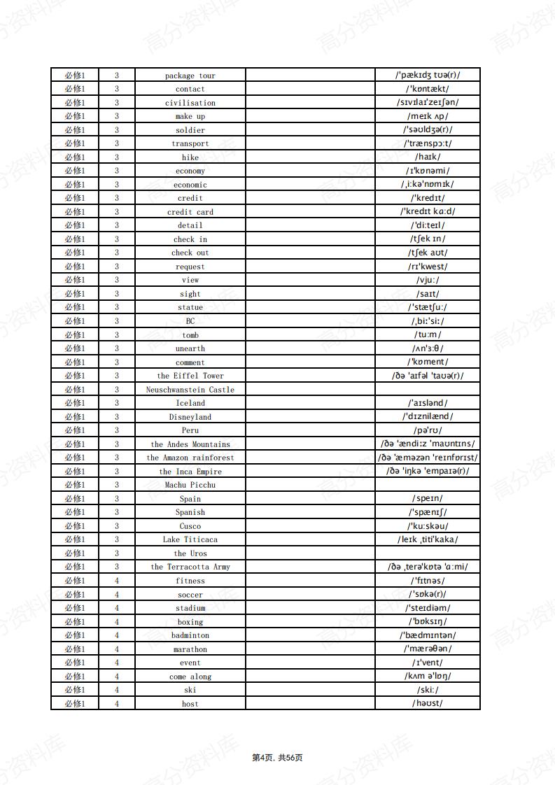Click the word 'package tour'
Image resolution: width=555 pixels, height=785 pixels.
pos(190,76)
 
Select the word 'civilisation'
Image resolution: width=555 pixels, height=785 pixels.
pos(190,103)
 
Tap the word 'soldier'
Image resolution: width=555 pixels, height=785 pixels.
pos(190,130)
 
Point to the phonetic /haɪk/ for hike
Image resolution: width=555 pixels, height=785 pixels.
pos(428,157)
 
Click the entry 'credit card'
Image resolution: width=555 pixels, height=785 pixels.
pos(190,212)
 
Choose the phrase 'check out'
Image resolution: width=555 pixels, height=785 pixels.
pos(190,253)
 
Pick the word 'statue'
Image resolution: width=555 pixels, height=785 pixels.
pos(190,307)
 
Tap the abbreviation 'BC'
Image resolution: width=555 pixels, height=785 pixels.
pos(190,321)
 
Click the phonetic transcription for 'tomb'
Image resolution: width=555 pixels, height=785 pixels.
pos(428,334)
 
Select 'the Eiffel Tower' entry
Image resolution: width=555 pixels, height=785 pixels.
pos(190,376)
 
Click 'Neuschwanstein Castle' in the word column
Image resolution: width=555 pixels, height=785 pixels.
pos(190,390)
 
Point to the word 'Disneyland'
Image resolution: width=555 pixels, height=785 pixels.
pos(190,417)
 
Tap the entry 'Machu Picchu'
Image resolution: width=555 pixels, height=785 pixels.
pos(190,485)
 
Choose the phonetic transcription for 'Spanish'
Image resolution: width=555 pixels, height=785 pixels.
pos(428,512)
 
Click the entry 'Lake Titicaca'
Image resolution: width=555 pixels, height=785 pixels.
pos(190,539)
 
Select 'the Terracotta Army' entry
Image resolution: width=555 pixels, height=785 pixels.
pos(190,567)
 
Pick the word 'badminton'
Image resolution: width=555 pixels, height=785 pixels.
pos(190,635)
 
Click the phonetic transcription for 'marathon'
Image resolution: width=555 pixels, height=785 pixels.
pos(428,649)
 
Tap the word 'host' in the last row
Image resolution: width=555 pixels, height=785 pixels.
pos(190,704)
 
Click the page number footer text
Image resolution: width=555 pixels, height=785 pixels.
pos(277,758)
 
